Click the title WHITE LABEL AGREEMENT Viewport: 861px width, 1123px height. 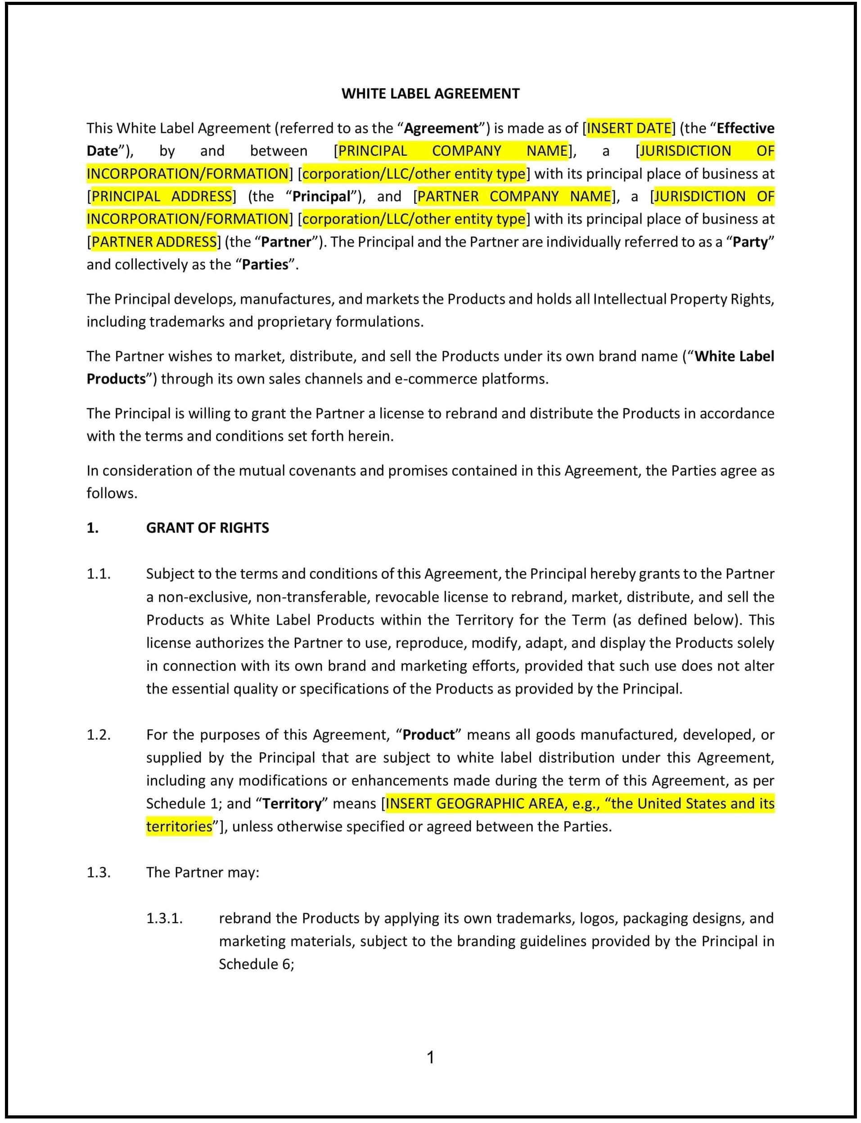[430, 94]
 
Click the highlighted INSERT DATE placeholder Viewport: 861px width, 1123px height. [628, 128]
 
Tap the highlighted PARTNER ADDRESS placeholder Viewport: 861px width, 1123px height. [154, 242]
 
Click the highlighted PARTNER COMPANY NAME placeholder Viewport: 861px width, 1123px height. [514, 196]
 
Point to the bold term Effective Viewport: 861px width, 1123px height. [745, 128]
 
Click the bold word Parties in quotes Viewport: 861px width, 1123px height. [265, 265]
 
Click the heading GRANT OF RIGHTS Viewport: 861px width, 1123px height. [207, 528]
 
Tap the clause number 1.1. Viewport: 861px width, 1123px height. [99, 574]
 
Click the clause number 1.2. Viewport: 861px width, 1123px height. [99, 735]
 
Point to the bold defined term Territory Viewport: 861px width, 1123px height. [292, 804]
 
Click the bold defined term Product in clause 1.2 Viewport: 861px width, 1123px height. [428, 735]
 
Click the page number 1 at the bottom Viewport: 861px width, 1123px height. [430, 1057]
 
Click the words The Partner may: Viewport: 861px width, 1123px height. [203, 872]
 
